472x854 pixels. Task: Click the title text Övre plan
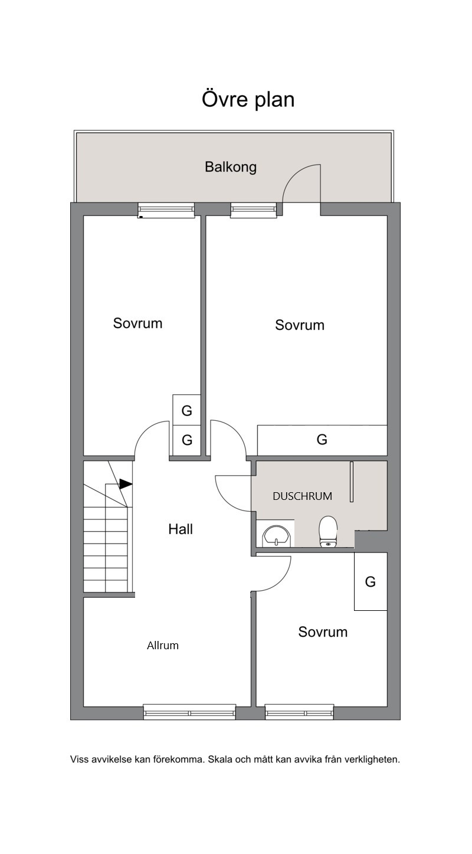coord(248,99)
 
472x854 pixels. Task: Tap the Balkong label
coord(231,167)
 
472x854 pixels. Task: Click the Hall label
coord(181,529)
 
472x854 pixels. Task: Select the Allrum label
coord(163,646)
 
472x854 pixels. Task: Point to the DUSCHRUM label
coord(302,496)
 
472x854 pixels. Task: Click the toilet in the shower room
coord(328,531)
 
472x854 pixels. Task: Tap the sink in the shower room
coord(276,536)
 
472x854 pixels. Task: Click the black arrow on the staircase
coord(126,484)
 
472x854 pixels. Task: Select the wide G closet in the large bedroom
coord(322,440)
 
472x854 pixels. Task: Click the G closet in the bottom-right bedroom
coord(371,581)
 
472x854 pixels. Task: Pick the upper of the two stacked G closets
coord(186,410)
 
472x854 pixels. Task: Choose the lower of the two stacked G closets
coord(186,440)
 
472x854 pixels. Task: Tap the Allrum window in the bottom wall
coord(189,712)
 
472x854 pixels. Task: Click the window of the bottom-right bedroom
coord(299,712)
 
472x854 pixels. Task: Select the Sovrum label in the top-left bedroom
coord(137,323)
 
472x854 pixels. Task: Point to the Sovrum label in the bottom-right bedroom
coord(323,631)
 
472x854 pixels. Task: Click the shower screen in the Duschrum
coord(352,482)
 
